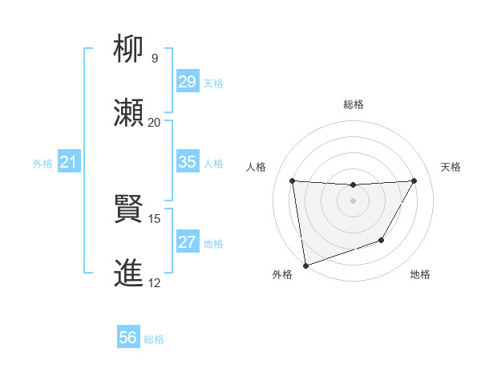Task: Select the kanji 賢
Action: pos(131,209)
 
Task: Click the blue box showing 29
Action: pos(187,82)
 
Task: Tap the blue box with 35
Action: pos(187,162)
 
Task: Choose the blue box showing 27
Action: pos(187,242)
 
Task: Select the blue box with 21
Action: pos(68,162)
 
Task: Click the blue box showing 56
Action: pos(127,338)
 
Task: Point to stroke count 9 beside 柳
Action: pos(155,58)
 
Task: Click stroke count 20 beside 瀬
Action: pos(154,122)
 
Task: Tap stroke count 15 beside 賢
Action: pos(154,218)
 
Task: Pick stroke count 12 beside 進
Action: pos(154,282)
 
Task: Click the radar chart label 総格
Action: pos(353,104)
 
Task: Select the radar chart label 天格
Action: pos(451,167)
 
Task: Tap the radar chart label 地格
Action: pos(420,274)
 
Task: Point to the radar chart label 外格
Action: pos(282,274)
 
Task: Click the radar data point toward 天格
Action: pos(414,180)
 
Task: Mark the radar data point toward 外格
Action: pos(305,265)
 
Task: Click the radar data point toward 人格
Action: pos(293,180)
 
